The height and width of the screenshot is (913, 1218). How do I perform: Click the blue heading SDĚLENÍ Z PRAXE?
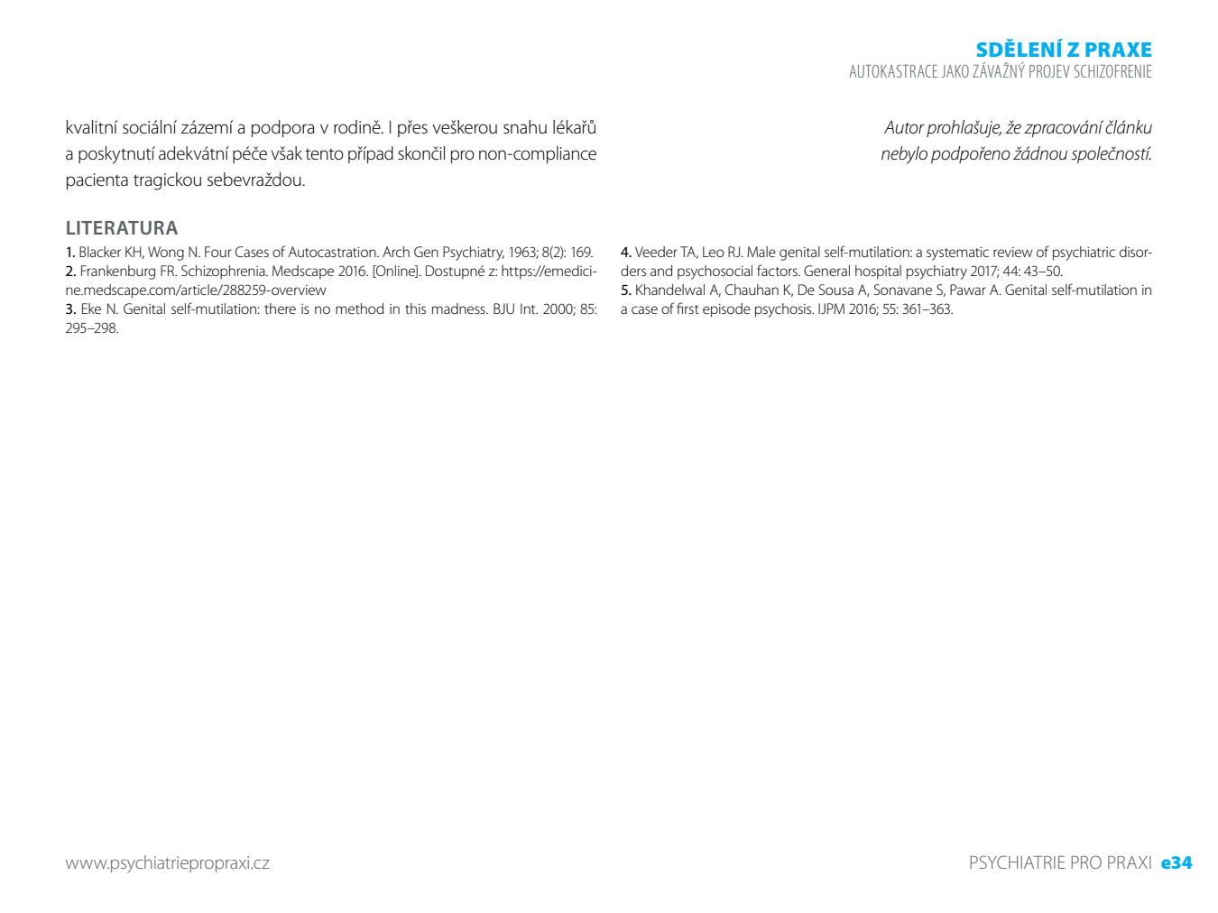(1063, 50)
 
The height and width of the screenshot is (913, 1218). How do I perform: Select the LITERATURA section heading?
(122, 228)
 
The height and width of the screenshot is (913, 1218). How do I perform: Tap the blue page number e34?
(1176, 862)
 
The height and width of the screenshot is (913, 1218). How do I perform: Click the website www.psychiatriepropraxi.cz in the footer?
(167, 863)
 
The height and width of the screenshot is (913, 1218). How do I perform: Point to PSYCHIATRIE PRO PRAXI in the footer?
(1060, 862)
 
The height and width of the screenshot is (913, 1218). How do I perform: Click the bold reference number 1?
(69, 253)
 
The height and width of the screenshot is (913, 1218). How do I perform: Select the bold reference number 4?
(625, 253)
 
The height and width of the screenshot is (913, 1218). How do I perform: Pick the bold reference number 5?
(625, 290)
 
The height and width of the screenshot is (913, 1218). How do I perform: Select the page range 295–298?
(91, 328)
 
